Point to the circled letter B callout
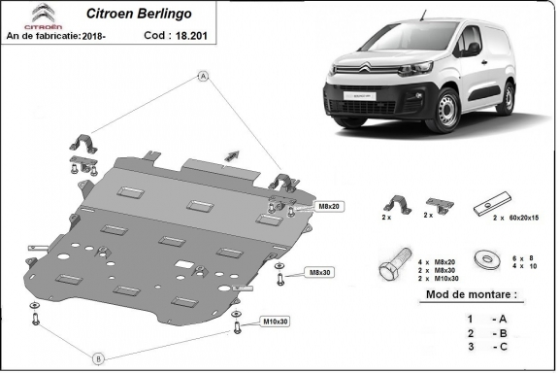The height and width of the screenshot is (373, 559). pos(98,358)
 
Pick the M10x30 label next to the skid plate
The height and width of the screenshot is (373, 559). pos(275,321)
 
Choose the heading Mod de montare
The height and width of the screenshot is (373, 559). pos(466,293)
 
